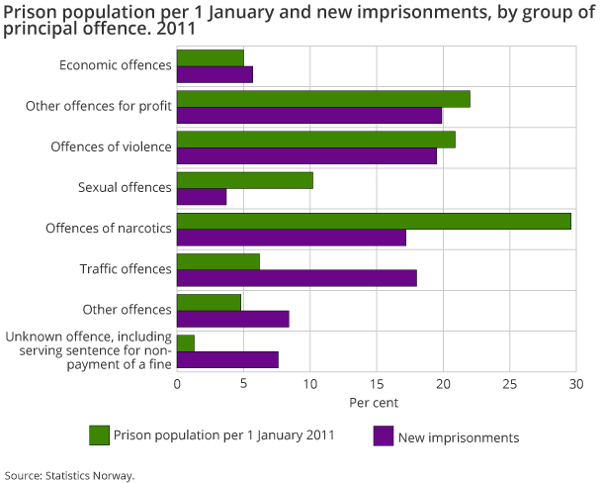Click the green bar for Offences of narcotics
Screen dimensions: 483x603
[374, 221]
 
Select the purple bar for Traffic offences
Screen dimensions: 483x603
[297, 277]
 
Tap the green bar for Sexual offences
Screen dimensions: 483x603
[245, 180]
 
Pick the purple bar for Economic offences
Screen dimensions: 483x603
[215, 74]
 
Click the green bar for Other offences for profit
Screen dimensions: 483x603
[323, 99]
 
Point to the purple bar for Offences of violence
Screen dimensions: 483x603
[306, 155]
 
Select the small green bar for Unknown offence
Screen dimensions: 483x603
[186, 342]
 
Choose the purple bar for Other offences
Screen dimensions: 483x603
[233, 319]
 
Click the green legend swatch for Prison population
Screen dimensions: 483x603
[98, 435]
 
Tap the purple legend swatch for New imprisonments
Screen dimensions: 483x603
[383, 435]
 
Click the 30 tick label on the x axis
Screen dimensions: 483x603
[576, 384]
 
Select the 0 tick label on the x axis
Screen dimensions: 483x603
[177, 384]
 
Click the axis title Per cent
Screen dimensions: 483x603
[376, 404]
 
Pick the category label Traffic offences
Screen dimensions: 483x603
[126, 268]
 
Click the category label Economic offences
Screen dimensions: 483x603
[115, 65]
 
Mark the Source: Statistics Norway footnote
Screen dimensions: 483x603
[69, 475]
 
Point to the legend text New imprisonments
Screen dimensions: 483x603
[458, 436]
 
